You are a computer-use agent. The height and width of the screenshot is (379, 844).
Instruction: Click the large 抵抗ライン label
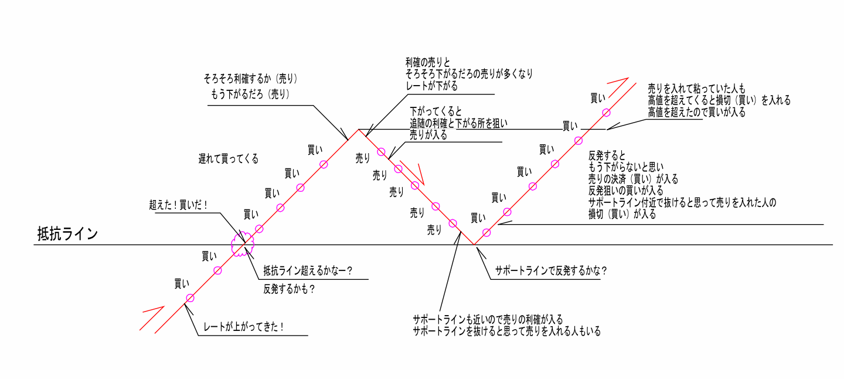point(67,234)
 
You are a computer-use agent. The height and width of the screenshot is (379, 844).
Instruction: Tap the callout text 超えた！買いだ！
point(178,205)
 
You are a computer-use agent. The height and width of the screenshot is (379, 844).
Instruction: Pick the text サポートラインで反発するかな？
point(550,271)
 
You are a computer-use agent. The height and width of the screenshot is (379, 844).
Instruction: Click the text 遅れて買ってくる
point(228,159)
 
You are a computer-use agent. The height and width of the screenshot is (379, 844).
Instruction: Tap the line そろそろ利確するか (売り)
point(251,78)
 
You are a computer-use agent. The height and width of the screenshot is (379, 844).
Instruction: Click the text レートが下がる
point(431,86)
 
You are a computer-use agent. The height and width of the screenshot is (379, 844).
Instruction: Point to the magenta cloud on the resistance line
point(243,243)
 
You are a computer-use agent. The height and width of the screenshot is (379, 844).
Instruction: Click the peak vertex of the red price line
point(359,130)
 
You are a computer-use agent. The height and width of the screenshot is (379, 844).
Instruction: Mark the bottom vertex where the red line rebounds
point(474,245)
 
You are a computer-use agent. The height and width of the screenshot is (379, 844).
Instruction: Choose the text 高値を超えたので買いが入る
point(696,112)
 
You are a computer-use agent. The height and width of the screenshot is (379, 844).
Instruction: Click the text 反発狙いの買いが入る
point(625,191)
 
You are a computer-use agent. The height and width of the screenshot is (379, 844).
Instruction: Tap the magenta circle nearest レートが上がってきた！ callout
point(190,298)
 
